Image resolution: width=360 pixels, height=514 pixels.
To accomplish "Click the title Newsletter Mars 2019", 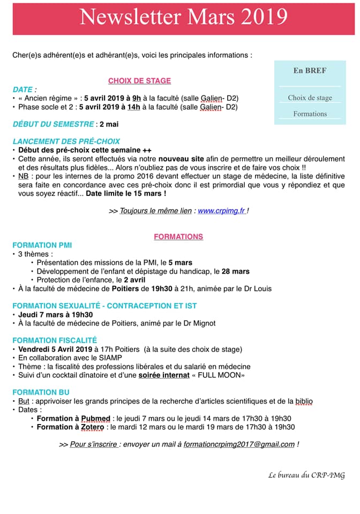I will tap(183, 17).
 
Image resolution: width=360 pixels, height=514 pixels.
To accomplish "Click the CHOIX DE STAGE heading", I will tap(139, 81).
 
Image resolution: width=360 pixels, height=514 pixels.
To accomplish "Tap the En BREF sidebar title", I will tap(310, 70).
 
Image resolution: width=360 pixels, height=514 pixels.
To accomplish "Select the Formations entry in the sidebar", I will tap(310, 114).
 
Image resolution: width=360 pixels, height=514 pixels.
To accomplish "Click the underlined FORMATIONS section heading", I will tap(178, 237).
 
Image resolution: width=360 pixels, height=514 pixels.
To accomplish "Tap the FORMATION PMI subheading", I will tap(42, 245).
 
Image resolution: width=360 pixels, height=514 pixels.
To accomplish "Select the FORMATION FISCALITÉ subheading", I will tap(55, 340).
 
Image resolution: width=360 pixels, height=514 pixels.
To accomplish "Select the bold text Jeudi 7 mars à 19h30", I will tap(55, 314).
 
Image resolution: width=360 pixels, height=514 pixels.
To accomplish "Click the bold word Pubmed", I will tap(96, 418).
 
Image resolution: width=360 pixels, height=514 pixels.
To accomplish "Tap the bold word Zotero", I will tap(93, 427).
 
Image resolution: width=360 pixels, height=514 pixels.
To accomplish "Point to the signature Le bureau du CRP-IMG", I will tap(306, 475).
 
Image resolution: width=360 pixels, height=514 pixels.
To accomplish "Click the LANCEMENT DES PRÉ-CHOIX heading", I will tap(66, 141).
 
